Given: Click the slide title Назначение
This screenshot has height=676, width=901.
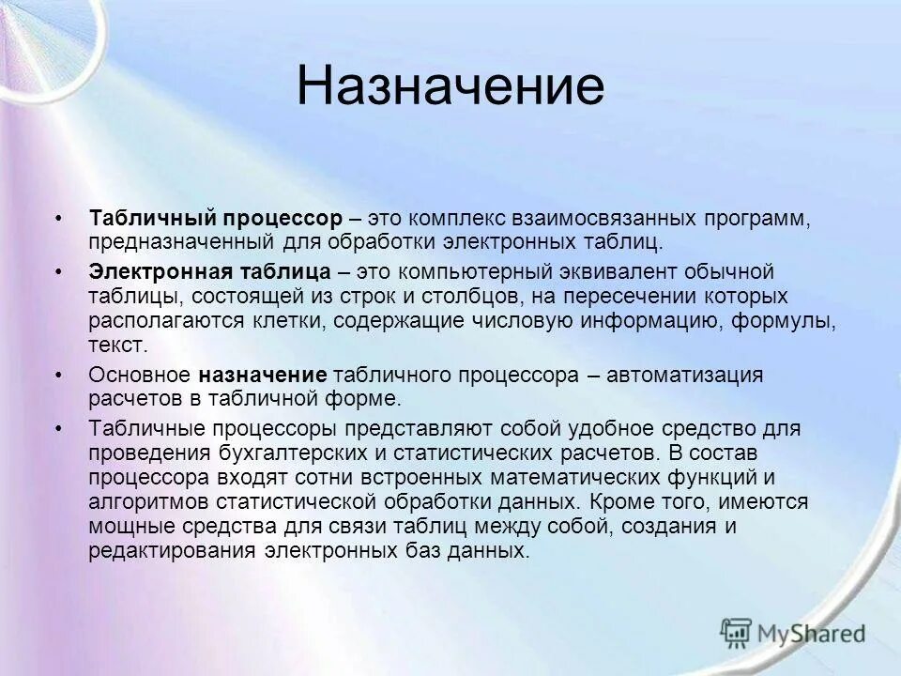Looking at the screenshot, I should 450,86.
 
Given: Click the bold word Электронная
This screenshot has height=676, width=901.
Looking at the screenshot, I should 143,272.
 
